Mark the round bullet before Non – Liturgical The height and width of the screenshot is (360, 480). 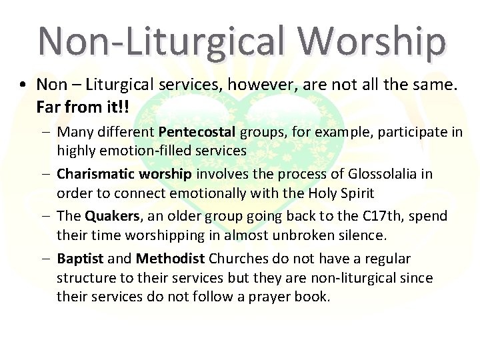click(x=23, y=85)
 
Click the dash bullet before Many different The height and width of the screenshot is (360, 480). click(x=45, y=132)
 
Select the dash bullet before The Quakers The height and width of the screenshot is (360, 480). click(x=45, y=216)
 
